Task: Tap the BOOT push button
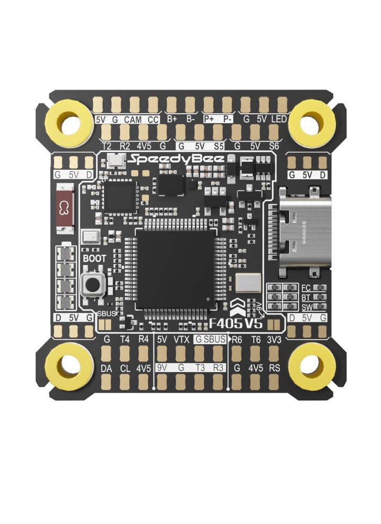coord(93,285)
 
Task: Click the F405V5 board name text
coord(237,322)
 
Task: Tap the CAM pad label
coord(133,119)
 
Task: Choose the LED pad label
coord(279,119)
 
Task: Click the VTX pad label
coord(181,339)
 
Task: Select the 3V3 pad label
coord(275,339)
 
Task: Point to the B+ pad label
coord(172,119)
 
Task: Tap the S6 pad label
coord(274,146)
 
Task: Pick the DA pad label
coord(106,368)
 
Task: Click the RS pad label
coord(275,368)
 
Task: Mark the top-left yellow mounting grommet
coord(69,124)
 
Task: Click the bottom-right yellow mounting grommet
coord(312,362)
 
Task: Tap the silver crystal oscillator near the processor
coord(247,283)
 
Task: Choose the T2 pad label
coord(106,146)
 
